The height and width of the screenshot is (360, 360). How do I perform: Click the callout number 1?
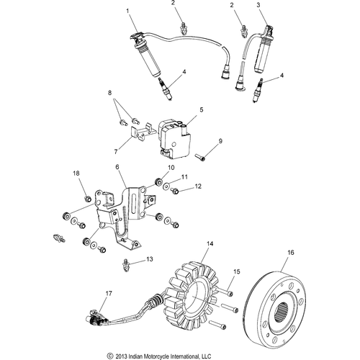tap(127, 11)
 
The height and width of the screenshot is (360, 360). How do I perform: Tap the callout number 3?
tap(258, 5)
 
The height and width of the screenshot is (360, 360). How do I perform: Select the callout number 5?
tap(202, 109)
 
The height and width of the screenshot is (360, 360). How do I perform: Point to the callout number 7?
tap(116, 152)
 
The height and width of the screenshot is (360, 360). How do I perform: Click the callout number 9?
tap(220, 141)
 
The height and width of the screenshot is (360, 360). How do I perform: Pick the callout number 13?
tap(150, 259)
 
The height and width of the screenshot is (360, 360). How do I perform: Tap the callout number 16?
tap(291, 253)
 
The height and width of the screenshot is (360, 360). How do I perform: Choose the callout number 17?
tap(109, 294)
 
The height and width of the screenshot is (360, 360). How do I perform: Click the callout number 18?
tap(76, 174)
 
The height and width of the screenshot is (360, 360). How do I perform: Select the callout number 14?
tap(210, 244)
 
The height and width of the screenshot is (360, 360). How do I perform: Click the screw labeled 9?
tap(200, 157)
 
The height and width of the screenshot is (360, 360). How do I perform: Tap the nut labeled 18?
tap(88, 199)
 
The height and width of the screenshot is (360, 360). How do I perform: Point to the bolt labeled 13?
tap(125, 265)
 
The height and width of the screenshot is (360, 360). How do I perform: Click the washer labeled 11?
tap(166, 186)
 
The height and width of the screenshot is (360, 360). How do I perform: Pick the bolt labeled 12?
tap(174, 191)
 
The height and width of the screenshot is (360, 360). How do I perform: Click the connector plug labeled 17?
tap(96, 316)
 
